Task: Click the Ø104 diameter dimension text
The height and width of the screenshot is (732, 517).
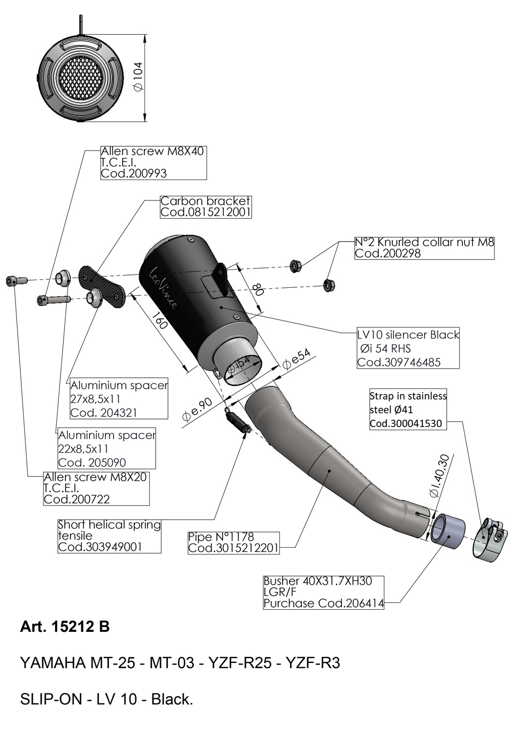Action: pyautogui.click(x=139, y=76)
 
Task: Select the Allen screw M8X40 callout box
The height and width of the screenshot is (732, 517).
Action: pyautogui.click(x=154, y=162)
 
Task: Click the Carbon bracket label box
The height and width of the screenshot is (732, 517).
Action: pyautogui.click(x=206, y=207)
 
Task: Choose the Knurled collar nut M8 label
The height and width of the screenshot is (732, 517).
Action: pyautogui.click(x=424, y=248)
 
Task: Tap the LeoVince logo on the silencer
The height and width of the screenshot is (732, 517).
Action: pyautogui.click(x=164, y=288)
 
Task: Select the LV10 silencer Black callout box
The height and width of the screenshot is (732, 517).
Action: pyautogui.click(x=408, y=348)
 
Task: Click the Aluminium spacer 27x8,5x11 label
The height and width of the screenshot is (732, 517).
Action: pyautogui.click(x=119, y=399)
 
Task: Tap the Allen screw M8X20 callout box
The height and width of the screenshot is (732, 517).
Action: pyautogui.click(x=96, y=489)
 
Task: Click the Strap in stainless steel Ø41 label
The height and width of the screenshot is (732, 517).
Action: pyautogui.click(x=408, y=409)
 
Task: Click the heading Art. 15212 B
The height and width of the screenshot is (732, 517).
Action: pyautogui.click(x=65, y=634)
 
